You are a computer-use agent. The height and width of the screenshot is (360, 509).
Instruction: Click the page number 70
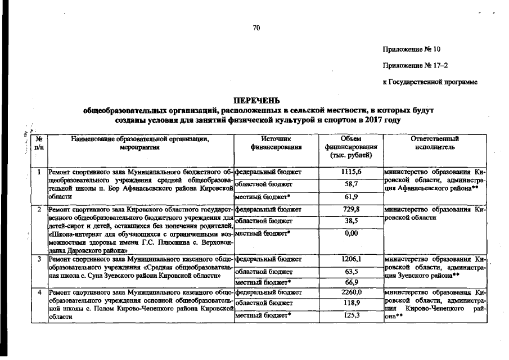tap(256, 28)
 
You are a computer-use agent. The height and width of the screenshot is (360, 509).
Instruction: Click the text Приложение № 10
tap(412, 49)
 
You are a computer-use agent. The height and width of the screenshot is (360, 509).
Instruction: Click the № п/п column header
tap(39, 142)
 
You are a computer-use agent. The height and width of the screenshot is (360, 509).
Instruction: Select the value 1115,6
tap(351, 172)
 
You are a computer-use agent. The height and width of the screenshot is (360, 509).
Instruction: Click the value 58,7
tap(351, 184)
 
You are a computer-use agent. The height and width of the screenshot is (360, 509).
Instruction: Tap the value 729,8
tap(351, 209)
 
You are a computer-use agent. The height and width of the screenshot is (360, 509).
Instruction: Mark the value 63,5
tap(351, 271)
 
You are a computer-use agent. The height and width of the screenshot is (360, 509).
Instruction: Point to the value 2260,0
tap(351, 292)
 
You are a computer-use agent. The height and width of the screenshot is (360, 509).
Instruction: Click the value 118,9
tap(351, 303)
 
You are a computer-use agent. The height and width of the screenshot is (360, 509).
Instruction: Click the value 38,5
tap(351, 221)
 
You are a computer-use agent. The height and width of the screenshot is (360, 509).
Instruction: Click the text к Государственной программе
tap(430, 83)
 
